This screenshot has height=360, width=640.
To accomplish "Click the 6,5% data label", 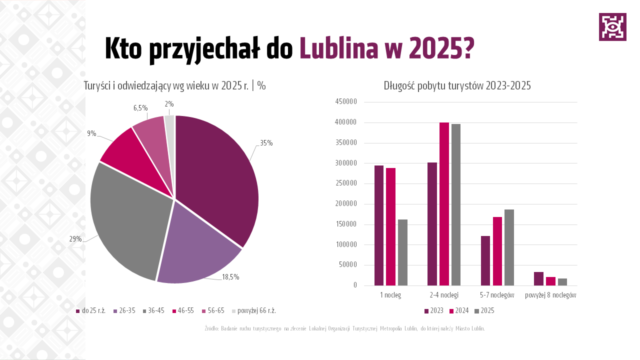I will click(x=140, y=107).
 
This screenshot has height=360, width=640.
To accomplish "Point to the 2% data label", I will click(x=169, y=104).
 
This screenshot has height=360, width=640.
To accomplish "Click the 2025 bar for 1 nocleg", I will click(x=402, y=252).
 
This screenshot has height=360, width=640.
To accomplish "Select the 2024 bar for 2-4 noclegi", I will click(x=444, y=204).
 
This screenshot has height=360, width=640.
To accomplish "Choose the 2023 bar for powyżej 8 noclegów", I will click(x=538, y=279).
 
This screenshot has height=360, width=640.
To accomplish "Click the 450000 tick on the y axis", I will click(x=346, y=102).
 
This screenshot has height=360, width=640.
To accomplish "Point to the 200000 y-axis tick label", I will click(x=346, y=204).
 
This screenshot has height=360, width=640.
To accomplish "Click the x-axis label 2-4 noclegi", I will click(x=444, y=295).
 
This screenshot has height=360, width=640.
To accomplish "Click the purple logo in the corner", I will click(x=612, y=27).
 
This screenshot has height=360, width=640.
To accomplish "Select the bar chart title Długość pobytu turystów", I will click(x=457, y=85).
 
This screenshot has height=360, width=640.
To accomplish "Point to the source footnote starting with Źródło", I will click(x=344, y=328).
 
